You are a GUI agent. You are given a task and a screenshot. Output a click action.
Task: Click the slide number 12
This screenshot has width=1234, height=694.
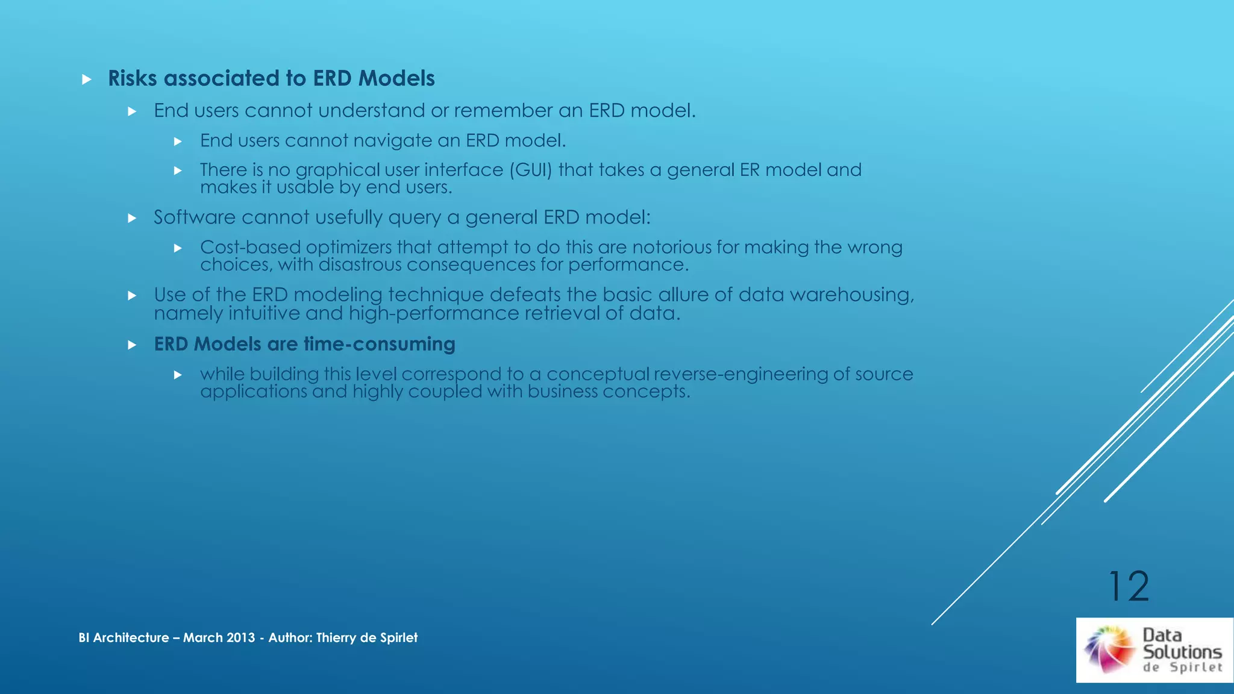click(x=1129, y=586)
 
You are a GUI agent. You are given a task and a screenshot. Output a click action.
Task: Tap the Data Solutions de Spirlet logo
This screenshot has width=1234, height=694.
click(x=1154, y=650)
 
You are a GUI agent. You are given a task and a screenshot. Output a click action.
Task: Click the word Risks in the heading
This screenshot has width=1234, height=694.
click(x=133, y=78)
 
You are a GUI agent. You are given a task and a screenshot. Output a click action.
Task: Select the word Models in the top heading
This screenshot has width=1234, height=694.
click(x=396, y=78)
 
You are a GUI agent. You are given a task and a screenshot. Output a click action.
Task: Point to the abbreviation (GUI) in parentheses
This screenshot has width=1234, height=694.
click(x=531, y=170)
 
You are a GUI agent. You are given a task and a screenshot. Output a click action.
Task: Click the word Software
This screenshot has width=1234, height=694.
click(x=194, y=217)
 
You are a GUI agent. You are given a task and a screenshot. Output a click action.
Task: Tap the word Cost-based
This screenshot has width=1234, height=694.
click(x=250, y=247)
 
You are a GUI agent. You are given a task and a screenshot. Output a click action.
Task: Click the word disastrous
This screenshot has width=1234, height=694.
click(x=360, y=265)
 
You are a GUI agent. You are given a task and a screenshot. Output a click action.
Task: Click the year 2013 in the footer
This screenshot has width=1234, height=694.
click(x=240, y=637)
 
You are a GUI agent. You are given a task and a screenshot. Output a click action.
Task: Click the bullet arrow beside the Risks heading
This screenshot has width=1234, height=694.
click(x=87, y=80)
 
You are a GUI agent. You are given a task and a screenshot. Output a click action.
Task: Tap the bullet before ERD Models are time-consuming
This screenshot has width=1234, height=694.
click(x=132, y=345)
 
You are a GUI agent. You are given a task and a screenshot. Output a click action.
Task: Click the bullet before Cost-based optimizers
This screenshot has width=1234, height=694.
click(x=178, y=248)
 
